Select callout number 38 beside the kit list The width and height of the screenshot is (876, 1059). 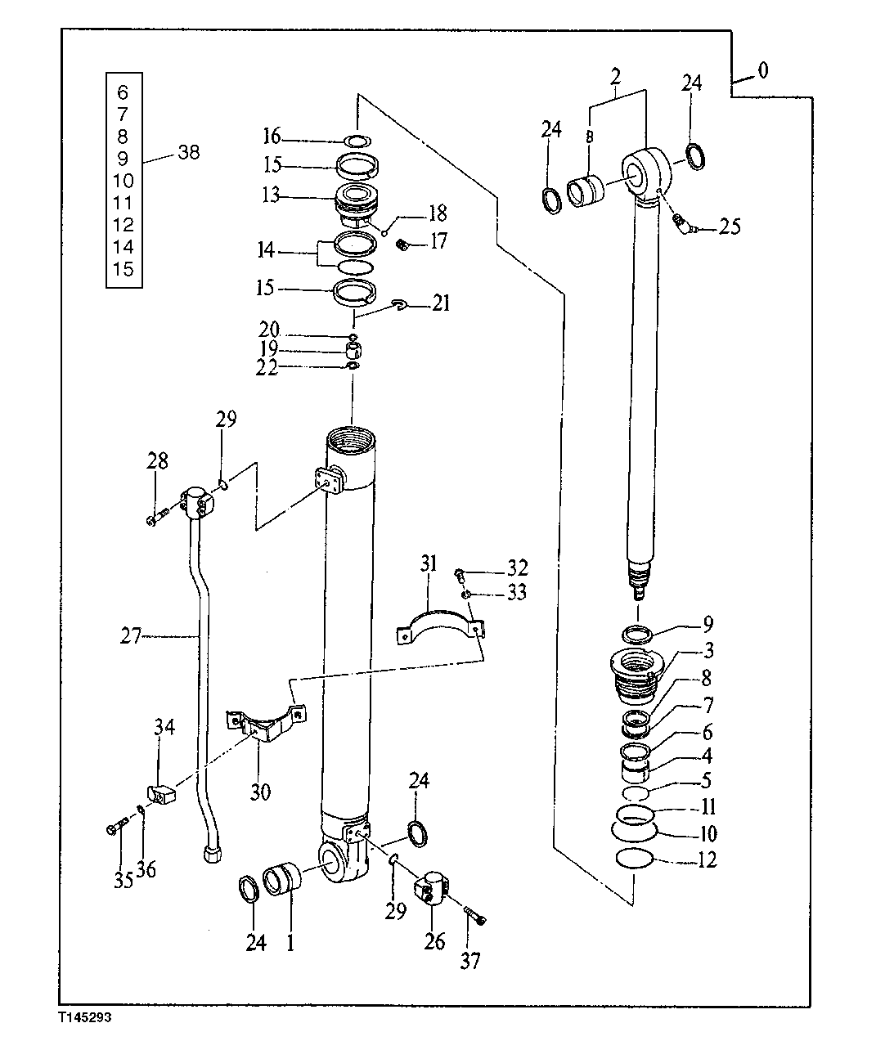187,152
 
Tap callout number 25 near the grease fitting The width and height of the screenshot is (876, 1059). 730,227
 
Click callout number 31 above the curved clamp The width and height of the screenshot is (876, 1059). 429,563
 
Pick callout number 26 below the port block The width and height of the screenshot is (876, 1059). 434,941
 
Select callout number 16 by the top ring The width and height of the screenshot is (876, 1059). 272,135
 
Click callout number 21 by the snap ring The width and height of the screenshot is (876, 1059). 441,305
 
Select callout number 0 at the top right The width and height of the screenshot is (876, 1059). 762,71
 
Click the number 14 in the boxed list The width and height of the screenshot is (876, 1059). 124,247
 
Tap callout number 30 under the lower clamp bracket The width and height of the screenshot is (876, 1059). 261,792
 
